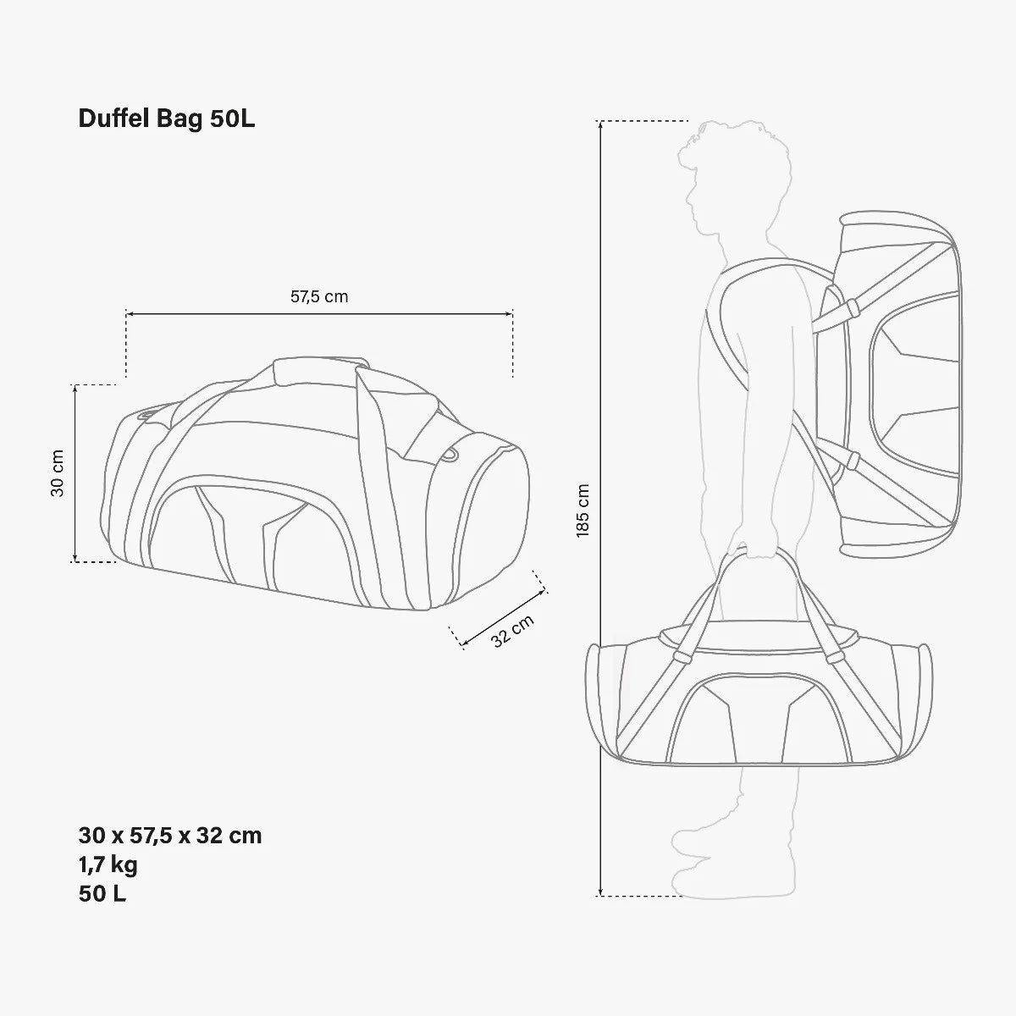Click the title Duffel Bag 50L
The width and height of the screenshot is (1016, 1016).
(167, 119)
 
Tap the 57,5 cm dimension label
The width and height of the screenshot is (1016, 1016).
(319, 296)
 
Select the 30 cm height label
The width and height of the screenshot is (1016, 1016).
(58, 472)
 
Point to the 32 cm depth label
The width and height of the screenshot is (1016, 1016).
(513, 630)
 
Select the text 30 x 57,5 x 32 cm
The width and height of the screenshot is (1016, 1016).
(170, 836)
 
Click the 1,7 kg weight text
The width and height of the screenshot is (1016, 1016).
(108, 864)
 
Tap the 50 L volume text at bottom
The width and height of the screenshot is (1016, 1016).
(102, 893)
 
